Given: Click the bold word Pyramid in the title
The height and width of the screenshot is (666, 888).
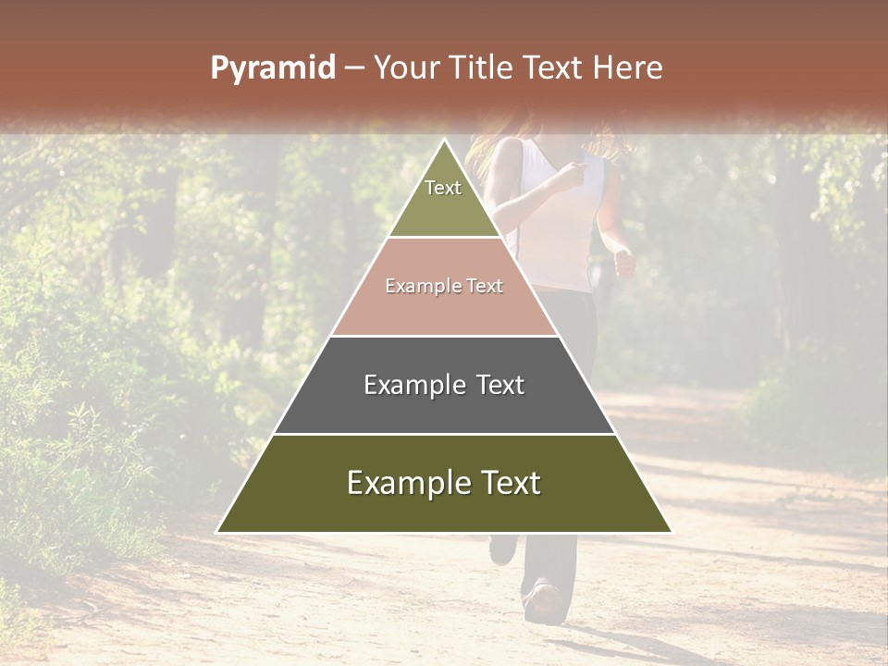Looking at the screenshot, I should click(x=272, y=68).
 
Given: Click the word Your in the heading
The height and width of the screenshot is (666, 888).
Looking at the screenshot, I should click(x=406, y=68).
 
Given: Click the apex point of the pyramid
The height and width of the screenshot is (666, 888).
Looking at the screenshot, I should click(x=444, y=140).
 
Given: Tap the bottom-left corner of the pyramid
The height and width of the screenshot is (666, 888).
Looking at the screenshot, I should click(x=218, y=531).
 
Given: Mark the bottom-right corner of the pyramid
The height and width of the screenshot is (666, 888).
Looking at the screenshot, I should click(x=670, y=531).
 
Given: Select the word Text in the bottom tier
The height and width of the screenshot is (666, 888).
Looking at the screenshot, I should click(x=508, y=484).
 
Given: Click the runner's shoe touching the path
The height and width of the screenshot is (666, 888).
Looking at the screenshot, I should click(x=544, y=602).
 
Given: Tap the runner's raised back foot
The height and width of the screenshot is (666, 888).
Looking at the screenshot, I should click(x=502, y=549).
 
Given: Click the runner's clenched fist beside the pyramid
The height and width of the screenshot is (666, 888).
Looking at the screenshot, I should click(x=625, y=264).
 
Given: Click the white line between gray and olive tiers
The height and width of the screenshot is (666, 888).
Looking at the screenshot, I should click(x=444, y=434).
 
